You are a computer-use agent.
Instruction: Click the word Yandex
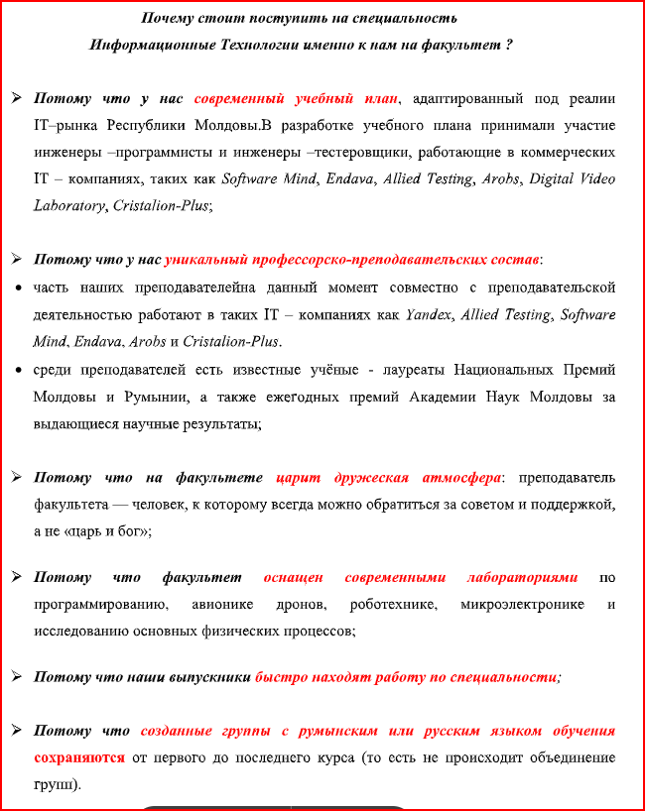pos(429,315)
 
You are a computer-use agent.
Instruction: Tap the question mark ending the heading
pos(509,46)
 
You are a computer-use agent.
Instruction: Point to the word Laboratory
pos(68,206)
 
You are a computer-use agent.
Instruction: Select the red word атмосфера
pos(458,477)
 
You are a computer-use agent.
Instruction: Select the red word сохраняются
pos(79,757)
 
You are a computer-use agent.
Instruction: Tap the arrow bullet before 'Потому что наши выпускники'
pos(17,676)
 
